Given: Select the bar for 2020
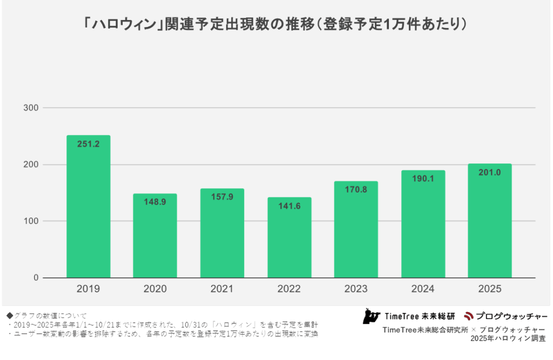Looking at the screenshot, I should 155,236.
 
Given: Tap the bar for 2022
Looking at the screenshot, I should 289,237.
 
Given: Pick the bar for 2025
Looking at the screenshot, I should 490,221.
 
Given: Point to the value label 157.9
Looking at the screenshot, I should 222,197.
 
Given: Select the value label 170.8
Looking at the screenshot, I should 356,190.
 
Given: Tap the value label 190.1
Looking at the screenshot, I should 423,179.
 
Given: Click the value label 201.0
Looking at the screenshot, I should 490,172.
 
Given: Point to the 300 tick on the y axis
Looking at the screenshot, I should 31,108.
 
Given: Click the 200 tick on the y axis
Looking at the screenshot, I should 31,165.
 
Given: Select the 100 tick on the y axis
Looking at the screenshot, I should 31,221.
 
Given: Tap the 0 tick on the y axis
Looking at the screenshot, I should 36,278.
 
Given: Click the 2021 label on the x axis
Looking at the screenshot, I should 222,289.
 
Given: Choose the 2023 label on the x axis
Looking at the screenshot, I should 356,289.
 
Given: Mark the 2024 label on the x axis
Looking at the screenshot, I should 423,289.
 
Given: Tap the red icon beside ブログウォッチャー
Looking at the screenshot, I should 468,315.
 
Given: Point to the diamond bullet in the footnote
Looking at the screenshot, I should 9,315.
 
